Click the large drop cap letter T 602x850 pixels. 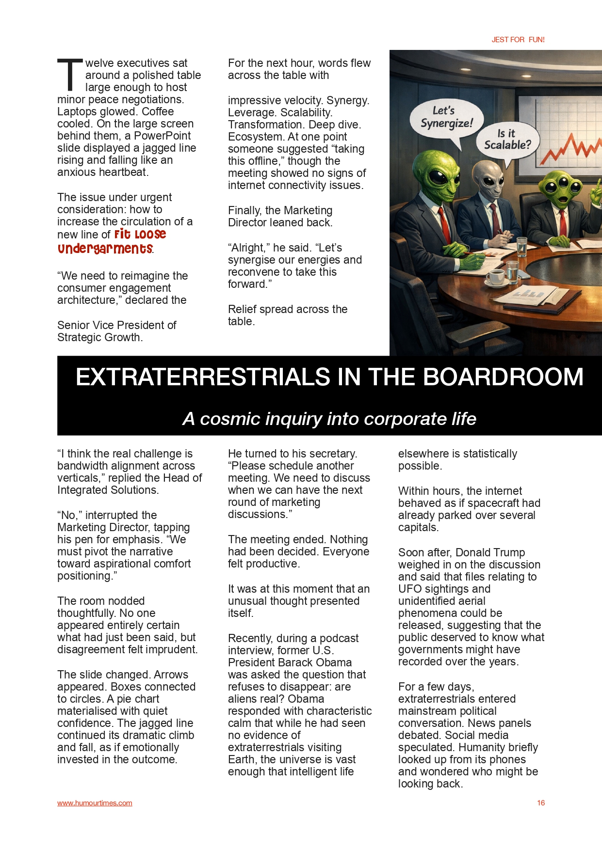point(70,75)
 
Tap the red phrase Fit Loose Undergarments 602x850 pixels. point(112,242)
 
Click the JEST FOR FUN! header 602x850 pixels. point(518,40)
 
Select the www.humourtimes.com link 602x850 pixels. point(95,803)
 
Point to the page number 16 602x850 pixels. point(540,803)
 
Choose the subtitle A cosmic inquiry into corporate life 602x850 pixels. point(329,419)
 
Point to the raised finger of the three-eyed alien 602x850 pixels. point(599,187)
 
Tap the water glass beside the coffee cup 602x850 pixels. point(512,271)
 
